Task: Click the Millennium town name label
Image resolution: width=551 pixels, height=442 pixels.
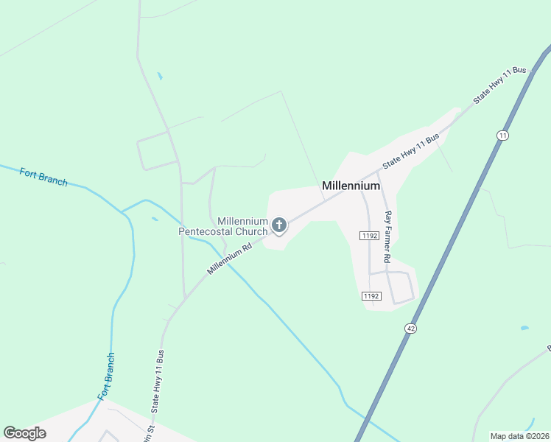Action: (351, 186)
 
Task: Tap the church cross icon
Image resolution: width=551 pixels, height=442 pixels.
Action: (279, 224)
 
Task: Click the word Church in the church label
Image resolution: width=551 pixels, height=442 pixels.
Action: (251, 231)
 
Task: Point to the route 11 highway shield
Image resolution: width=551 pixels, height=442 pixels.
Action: (502, 136)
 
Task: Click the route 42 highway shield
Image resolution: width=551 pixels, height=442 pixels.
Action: (411, 327)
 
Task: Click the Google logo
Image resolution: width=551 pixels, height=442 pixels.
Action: (25, 432)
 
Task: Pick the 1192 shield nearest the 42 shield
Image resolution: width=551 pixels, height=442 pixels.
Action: (371, 296)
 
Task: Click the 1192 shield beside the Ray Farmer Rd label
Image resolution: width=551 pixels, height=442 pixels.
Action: (369, 236)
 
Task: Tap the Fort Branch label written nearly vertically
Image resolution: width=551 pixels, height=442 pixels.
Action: (106, 376)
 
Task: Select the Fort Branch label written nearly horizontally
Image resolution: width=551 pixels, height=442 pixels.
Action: (43, 178)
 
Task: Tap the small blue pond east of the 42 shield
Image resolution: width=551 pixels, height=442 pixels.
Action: (524, 328)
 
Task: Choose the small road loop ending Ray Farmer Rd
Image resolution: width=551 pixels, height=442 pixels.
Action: (401, 287)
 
